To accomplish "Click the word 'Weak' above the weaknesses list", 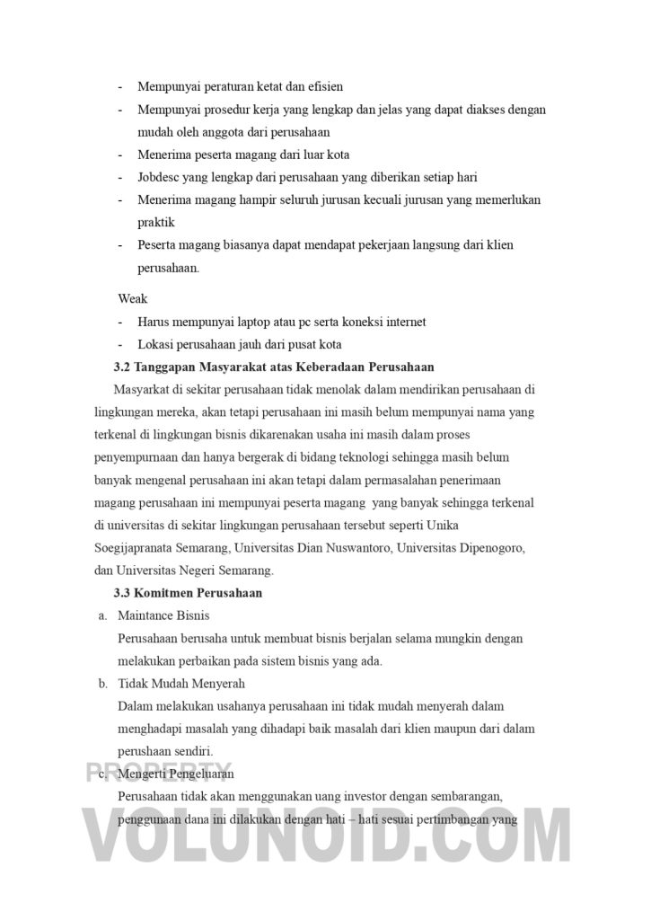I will tap(132, 298).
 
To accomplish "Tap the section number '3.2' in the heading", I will tap(122, 367).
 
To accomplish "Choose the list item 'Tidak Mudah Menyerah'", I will tap(180, 684).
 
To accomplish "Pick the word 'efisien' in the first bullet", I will tap(326, 87).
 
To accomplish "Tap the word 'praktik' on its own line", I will tap(155, 222).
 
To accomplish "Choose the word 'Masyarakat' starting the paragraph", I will tap(145, 389).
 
